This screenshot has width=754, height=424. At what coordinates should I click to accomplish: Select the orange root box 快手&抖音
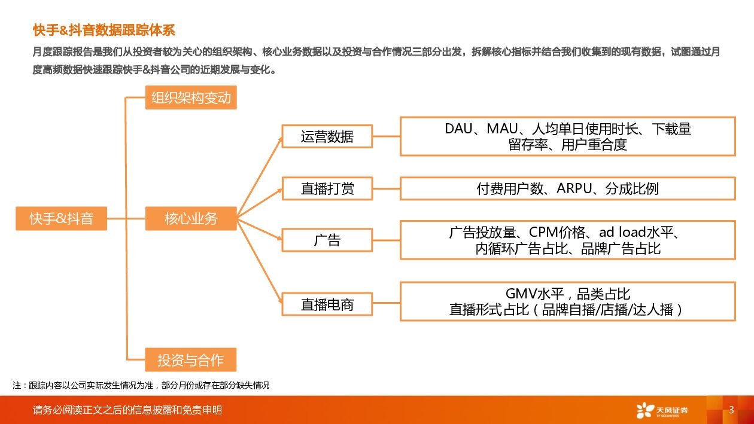61,219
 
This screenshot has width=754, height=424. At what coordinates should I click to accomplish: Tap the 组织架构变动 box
191,97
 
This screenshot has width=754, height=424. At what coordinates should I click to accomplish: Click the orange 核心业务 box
191,219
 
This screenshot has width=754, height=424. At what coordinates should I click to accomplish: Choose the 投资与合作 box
191,360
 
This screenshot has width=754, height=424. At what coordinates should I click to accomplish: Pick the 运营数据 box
327,136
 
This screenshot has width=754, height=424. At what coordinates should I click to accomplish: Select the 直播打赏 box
327,189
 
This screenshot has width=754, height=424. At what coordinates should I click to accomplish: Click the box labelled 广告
327,240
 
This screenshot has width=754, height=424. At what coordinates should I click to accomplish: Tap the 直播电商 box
327,305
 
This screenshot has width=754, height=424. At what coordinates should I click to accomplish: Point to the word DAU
458,129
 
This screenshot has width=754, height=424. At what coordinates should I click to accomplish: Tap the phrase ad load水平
638,233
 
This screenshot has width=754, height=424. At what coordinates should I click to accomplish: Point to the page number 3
731,410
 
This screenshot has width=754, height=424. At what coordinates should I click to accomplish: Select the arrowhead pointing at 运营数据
278,140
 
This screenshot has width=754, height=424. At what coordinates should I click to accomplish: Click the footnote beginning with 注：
141,385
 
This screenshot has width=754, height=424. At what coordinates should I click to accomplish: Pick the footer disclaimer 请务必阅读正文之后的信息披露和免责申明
127,410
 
